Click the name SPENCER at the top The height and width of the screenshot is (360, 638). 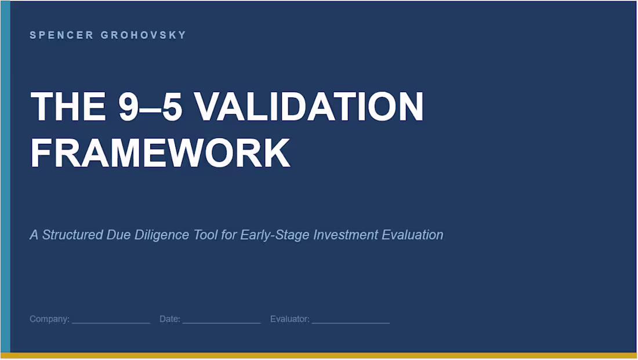61,35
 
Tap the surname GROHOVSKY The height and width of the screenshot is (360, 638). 143,35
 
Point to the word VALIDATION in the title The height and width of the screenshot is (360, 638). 309,107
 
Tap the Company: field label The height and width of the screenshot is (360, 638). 49,319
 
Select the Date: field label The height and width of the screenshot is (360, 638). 170,319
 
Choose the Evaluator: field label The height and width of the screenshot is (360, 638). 289,319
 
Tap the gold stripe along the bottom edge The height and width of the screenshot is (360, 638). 319,355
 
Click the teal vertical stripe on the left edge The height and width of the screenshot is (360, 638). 5,174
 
